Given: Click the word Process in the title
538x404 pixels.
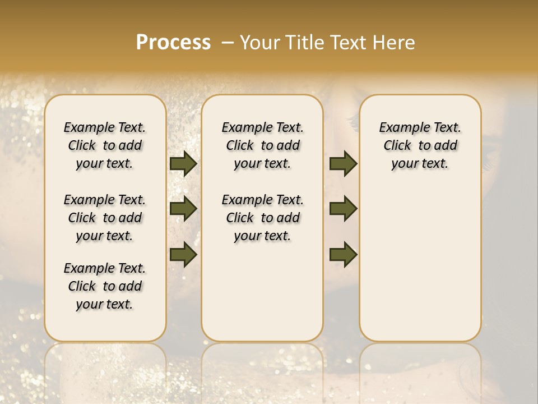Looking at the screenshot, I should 173,43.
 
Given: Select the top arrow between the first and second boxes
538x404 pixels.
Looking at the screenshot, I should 183,164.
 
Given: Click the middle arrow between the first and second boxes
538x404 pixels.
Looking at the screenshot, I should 183,209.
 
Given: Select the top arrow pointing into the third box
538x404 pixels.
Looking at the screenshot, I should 343,164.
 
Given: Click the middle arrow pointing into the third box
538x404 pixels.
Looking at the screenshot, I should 343,209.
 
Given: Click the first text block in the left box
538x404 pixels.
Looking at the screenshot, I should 105,145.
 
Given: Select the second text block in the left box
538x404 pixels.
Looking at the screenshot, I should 105,218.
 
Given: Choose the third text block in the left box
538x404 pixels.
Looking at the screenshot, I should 105,286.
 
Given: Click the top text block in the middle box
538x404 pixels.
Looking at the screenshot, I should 262,145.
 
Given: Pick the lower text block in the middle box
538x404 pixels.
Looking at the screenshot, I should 262,218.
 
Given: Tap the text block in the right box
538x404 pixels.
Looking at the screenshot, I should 420,145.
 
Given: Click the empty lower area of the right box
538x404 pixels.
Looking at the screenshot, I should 420,269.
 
